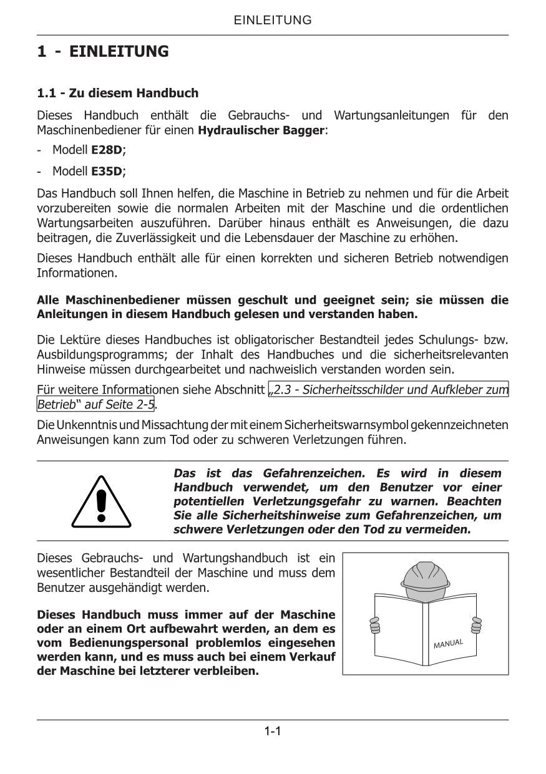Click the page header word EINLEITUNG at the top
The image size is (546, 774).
[273, 20]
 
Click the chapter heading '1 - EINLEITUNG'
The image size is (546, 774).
[103, 51]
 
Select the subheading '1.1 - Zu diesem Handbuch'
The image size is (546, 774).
[118, 93]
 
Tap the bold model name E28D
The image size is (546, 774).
[107, 150]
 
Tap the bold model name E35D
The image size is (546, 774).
[107, 171]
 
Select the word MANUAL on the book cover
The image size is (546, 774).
[449, 643]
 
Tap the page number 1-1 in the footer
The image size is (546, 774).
[273, 730]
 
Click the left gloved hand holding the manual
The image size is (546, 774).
[375, 624]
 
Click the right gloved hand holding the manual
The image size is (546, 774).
[477, 624]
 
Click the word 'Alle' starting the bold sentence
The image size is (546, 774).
[48, 300]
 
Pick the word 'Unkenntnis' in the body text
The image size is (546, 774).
[85, 425]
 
